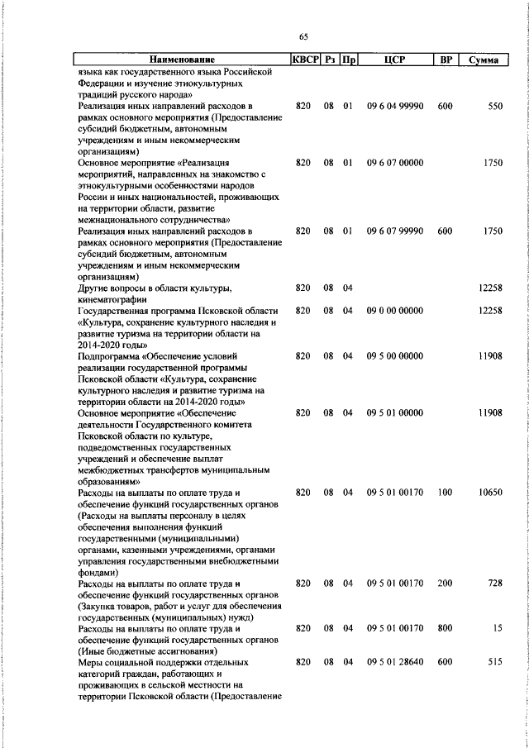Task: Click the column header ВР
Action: coord(446,60)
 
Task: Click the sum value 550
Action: coord(494,107)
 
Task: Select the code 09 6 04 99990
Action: coord(395,107)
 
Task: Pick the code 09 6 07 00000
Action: coord(395,163)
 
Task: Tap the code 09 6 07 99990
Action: coord(395,231)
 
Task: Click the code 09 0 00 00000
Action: coord(395,311)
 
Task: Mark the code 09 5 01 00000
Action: coord(395,412)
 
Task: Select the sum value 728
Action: coord(494,584)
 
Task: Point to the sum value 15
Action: coord(497,629)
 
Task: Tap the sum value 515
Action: coord(494,663)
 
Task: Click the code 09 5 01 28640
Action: coord(395,663)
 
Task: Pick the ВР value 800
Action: coord(446,629)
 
